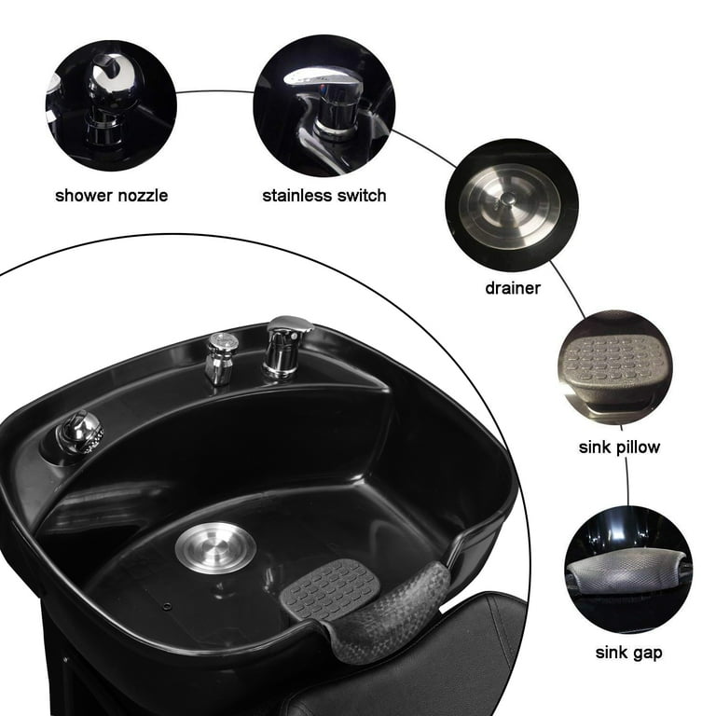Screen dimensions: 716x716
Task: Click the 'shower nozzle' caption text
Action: tap(111, 196)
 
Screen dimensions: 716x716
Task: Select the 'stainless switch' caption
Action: tap(324, 196)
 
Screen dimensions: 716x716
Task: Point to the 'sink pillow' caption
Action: tap(618, 447)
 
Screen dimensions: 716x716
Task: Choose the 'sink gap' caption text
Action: tap(628, 653)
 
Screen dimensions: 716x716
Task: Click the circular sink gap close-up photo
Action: tap(627, 570)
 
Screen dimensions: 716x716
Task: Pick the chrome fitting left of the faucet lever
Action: tap(219, 357)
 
